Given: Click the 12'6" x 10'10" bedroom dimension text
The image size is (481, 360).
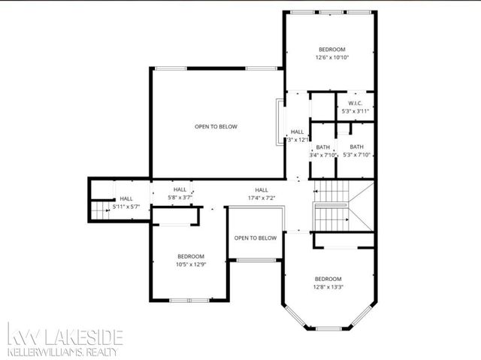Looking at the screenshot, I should click(333, 57).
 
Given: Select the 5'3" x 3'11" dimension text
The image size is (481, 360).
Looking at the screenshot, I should click(357, 111).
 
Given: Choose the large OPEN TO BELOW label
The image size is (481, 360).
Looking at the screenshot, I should click(216, 126).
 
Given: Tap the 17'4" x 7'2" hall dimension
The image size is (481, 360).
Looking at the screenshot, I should click(262, 198).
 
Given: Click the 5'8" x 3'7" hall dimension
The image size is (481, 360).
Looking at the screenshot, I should click(180, 198).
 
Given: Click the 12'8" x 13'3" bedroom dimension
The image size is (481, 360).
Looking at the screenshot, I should click(328, 286).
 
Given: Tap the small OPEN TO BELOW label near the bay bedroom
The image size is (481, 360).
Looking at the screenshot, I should click(255, 237).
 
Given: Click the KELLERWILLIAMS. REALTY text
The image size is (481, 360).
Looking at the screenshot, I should click(65, 351).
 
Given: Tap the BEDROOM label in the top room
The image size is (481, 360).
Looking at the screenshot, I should click(333, 49).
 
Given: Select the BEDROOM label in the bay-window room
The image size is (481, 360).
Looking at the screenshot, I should click(328, 278).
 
